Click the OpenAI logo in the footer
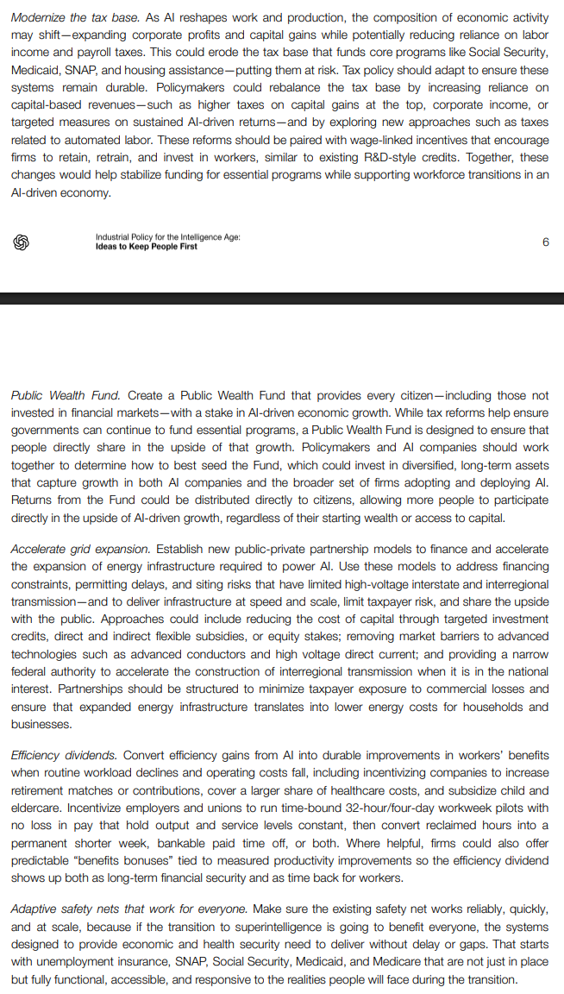click(x=22, y=242)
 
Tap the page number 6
click(x=546, y=242)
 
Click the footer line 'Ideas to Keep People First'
click(x=147, y=247)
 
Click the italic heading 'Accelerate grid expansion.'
click(x=80, y=549)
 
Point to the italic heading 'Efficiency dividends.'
click(x=64, y=755)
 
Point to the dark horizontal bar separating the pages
click(x=282, y=298)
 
